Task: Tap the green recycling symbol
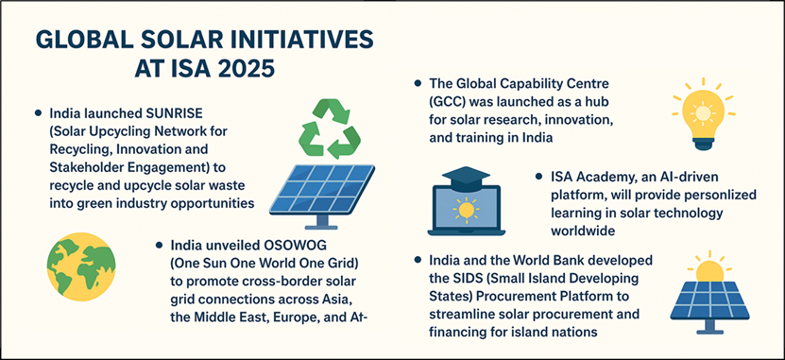329,129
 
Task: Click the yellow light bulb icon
703,114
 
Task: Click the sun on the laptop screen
466,210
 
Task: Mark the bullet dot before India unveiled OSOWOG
160,246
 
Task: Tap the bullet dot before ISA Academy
538,177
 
